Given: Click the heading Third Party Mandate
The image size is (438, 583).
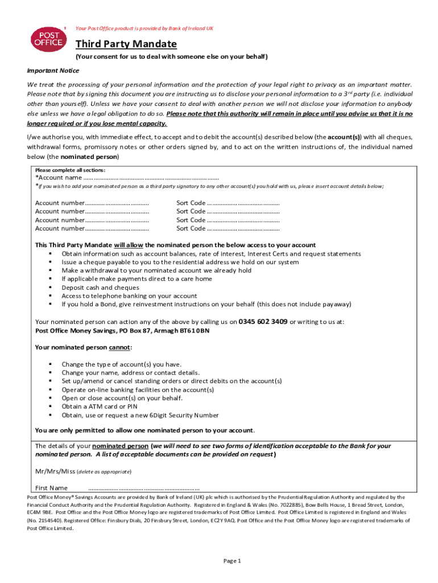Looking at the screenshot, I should [126, 44].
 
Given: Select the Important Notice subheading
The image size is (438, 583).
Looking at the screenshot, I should [53, 71].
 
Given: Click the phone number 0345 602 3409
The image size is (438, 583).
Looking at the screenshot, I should [263, 321].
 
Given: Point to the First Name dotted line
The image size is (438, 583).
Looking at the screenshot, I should [144, 488].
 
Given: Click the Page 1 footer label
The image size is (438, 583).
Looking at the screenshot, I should [232, 561].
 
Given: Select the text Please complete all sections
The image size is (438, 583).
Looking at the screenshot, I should [70, 170].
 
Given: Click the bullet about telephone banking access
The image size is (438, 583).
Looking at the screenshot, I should [129, 296].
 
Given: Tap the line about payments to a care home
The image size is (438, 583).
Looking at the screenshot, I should [137, 279].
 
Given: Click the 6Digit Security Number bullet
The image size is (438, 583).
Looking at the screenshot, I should [140, 415].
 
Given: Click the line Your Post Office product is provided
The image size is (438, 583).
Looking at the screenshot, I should [144, 28].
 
